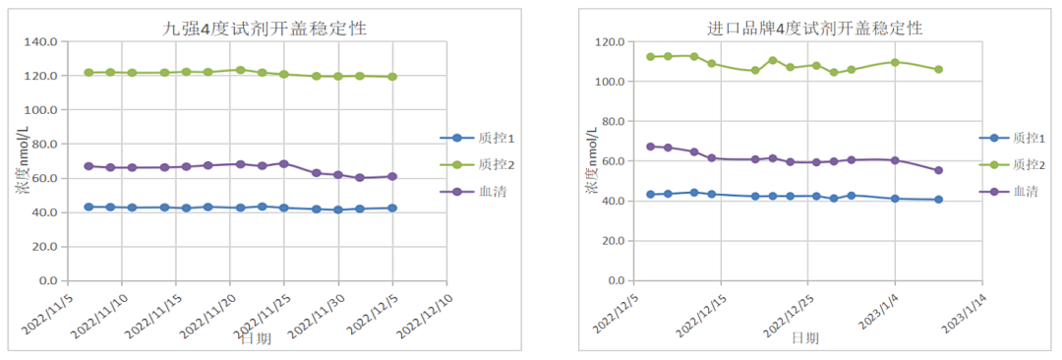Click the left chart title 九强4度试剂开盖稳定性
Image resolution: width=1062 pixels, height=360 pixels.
coord(265,29)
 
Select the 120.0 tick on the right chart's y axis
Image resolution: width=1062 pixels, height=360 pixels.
coord(610,42)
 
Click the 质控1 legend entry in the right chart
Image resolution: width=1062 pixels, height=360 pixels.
coord(1017,139)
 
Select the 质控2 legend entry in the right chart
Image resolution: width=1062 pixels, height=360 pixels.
coord(1017,165)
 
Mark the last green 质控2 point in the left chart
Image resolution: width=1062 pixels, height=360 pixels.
coord(392,77)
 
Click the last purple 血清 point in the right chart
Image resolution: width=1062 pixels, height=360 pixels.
coord(938,170)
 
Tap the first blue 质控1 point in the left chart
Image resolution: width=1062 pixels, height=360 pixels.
coord(88,207)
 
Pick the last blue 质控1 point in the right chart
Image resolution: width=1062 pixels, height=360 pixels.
coord(938,200)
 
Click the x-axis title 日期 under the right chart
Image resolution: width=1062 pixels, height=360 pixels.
coord(804,338)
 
